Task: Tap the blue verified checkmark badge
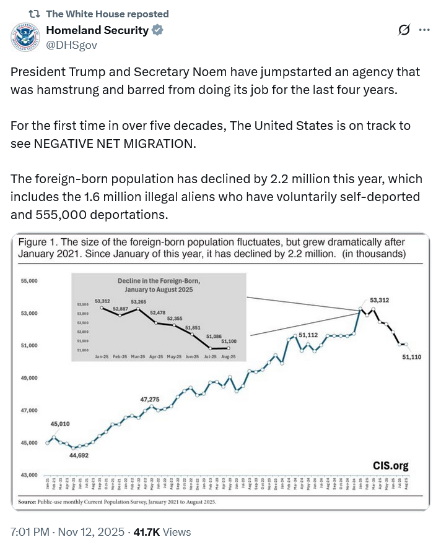(158, 30)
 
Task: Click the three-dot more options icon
(424, 30)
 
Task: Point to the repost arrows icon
(34, 14)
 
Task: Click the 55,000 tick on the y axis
(30, 281)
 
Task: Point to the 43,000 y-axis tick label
(30, 475)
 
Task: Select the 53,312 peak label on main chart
(380, 301)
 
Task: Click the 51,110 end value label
(412, 357)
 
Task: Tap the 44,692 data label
(78, 455)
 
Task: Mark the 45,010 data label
(60, 424)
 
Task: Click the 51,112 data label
(308, 335)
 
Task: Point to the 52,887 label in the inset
(120, 308)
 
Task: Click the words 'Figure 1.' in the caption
(40, 242)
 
